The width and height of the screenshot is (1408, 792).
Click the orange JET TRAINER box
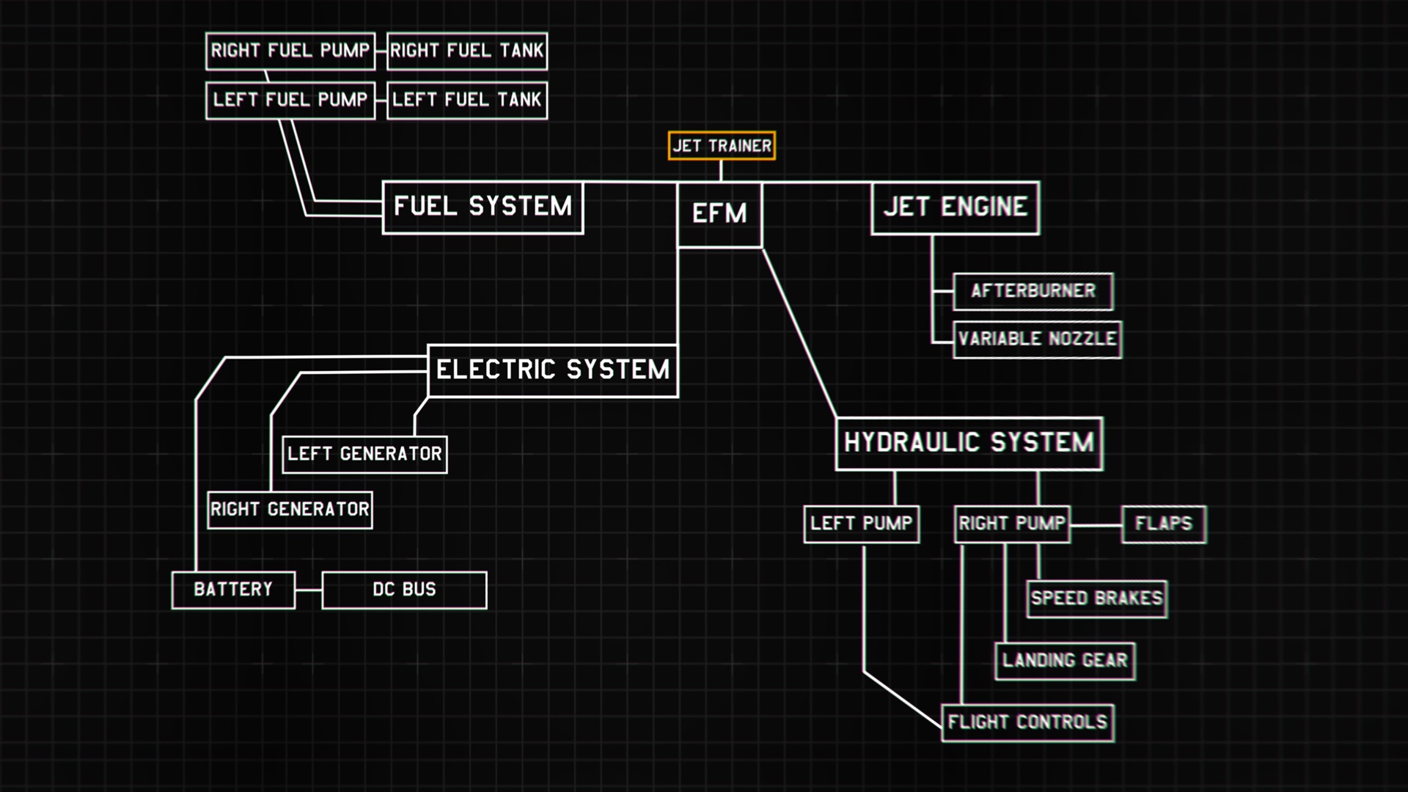[x=722, y=145]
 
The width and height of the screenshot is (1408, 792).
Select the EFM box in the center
[x=719, y=214]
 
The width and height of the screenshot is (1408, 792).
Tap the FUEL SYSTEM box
[x=483, y=208]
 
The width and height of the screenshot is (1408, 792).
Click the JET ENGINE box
[x=955, y=208]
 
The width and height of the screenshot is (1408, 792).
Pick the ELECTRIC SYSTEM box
[x=552, y=370]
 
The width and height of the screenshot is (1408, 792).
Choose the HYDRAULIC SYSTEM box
[x=969, y=443]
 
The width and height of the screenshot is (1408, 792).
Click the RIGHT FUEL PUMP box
[x=290, y=51]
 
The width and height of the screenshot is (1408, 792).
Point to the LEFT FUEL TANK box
[x=466, y=100]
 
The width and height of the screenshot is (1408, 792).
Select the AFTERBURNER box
[x=1033, y=291]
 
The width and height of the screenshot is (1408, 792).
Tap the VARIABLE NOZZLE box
[x=1037, y=339]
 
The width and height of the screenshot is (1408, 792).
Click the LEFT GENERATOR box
[x=364, y=454]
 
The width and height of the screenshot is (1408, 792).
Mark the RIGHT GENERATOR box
[x=290, y=510]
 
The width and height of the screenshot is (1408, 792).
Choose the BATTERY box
[x=233, y=590]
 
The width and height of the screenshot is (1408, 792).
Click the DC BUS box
[x=404, y=590]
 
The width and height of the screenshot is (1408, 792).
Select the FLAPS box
[x=1163, y=524]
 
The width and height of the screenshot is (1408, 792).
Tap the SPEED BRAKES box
[x=1096, y=598]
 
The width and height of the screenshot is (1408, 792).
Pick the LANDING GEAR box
[x=1065, y=661]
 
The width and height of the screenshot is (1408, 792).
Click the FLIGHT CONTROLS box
[x=1027, y=722]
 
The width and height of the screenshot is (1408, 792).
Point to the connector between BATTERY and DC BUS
[x=308, y=590]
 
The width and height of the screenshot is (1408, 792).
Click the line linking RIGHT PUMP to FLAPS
[x=1096, y=525]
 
